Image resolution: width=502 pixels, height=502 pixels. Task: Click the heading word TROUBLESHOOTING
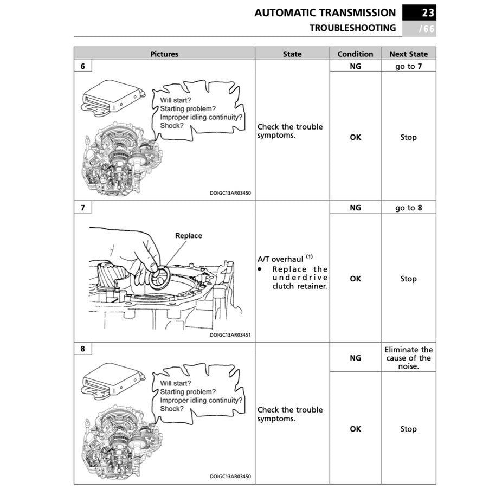[352, 28]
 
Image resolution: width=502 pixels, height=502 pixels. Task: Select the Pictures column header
[164, 54]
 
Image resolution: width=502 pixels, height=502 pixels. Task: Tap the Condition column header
[355, 54]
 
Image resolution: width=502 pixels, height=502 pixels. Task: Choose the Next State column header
[408, 54]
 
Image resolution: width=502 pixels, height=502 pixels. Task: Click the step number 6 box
[83, 66]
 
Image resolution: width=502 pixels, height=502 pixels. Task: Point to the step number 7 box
[83, 208]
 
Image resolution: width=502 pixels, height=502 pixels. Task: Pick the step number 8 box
[83, 349]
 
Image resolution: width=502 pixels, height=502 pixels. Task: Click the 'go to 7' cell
[408, 66]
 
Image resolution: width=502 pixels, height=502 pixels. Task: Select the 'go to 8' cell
[408, 208]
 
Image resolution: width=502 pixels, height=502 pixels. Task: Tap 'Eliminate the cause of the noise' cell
[408, 358]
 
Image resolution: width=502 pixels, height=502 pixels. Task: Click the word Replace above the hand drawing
[189, 236]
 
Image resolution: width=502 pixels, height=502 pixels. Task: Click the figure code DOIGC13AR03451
[230, 335]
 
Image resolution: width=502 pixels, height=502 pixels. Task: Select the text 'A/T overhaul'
[280, 259]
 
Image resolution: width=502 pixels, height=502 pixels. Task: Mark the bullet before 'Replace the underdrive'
[260, 269]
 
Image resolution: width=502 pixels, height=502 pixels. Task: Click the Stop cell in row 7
[408, 279]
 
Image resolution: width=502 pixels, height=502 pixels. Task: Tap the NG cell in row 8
[355, 358]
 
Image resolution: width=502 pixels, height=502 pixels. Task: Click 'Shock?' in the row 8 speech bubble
[172, 409]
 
